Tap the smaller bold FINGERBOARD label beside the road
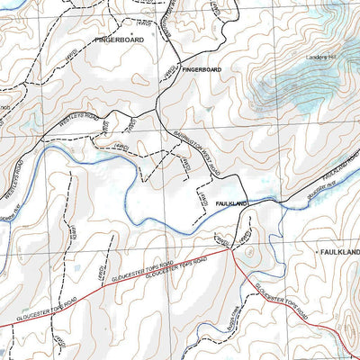coord(202,69)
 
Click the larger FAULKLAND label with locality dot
coord(338,254)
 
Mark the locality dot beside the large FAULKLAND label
coord(316,254)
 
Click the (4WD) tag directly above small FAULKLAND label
coord(204,193)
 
